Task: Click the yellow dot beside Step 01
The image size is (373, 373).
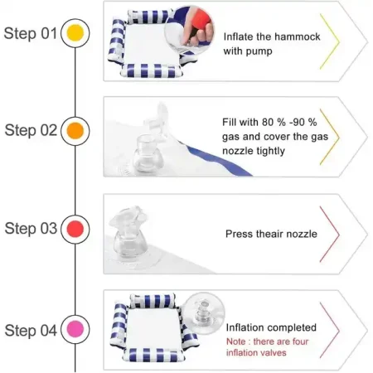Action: click(x=75, y=33)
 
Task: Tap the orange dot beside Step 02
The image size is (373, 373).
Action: click(x=75, y=131)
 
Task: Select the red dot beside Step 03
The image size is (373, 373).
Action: click(x=75, y=229)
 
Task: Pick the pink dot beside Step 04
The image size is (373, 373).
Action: click(x=75, y=329)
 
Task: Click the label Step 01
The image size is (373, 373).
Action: click(x=30, y=33)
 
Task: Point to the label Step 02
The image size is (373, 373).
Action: click(x=31, y=130)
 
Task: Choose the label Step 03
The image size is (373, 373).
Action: click(x=31, y=229)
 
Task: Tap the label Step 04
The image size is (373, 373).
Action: click(x=31, y=330)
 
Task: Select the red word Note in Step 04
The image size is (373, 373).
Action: click(x=235, y=342)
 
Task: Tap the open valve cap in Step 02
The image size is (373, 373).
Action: click(x=157, y=117)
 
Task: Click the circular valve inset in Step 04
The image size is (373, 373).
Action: click(x=204, y=313)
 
